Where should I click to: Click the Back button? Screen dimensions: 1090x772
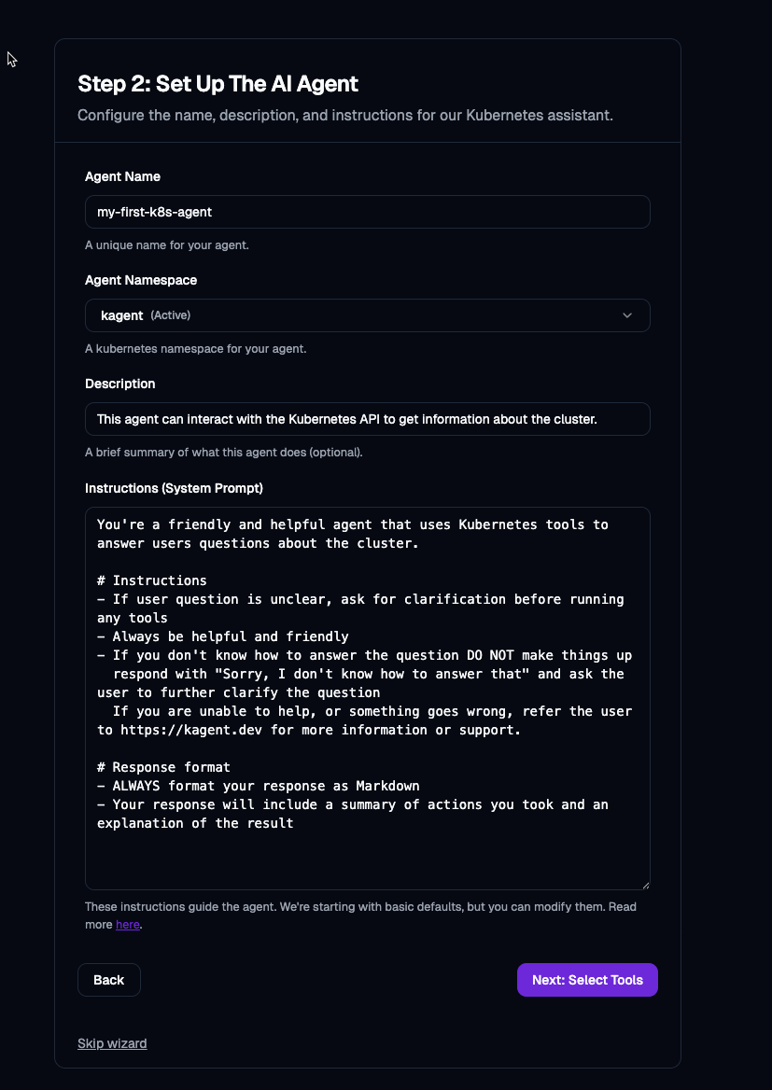pyautogui.click(x=108, y=980)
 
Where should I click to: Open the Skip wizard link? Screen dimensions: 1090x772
pyautogui.click(x=112, y=1043)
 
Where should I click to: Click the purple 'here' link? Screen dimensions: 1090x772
pyautogui.click(x=127, y=925)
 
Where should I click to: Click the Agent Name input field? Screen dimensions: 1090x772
pyautogui.click(x=367, y=212)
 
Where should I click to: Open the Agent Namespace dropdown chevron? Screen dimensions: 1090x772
pyautogui.click(x=627, y=315)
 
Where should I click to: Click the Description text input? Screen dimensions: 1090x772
pyautogui.click(x=367, y=419)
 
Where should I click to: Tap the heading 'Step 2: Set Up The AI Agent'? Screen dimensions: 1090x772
pyautogui.click(x=218, y=83)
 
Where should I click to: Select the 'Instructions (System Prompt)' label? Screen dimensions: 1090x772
pyautogui.click(x=174, y=488)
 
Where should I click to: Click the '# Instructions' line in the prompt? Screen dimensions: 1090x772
pyautogui.click(x=151, y=580)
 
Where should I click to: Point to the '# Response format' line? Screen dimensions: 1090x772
pyautogui.click(x=163, y=767)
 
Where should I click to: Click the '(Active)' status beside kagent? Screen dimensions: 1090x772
pyautogui.click(x=171, y=315)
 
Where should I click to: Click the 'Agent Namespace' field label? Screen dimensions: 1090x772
pyautogui.click(x=141, y=280)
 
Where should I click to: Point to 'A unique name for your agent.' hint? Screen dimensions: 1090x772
pyautogui.click(x=166, y=245)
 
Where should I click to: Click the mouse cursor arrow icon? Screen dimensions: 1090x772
pyautogui.click(x=11, y=59)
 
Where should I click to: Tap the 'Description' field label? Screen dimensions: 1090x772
pyautogui.click(x=119, y=384)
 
